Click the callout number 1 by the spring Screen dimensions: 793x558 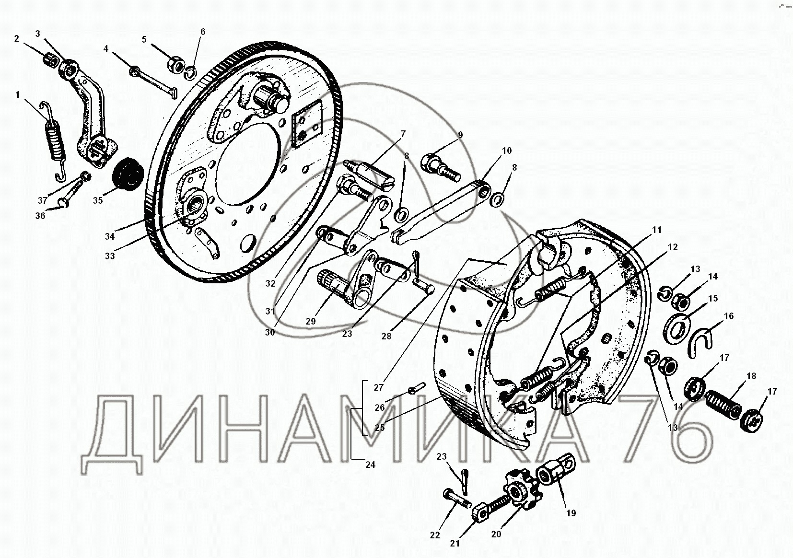pyautogui.click(x=17, y=94)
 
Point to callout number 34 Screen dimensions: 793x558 pyautogui.click(x=110, y=236)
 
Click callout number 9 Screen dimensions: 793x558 pyautogui.click(x=460, y=135)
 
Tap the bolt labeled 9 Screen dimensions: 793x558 pyautogui.click(x=440, y=170)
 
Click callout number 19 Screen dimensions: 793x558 pyautogui.click(x=571, y=513)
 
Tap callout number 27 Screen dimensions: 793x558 pyautogui.click(x=378, y=388)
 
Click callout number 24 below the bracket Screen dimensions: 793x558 pyautogui.click(x=370, y=465)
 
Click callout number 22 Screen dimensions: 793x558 pyautogui.click(x=435, y=535)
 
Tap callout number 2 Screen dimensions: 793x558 pyautogui.click(x=17, y=39)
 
